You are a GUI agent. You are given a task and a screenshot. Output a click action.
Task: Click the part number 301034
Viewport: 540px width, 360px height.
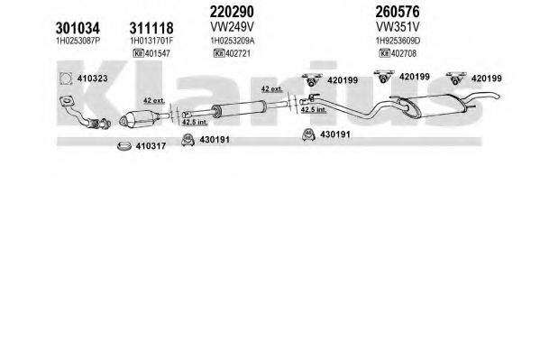pos(78,28)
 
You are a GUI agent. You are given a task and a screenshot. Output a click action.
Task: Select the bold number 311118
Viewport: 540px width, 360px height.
pos(151,28)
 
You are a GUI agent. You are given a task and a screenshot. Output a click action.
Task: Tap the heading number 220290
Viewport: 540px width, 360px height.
pos(232,12)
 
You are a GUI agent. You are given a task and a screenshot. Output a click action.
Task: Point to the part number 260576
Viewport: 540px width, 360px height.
pos(398,12)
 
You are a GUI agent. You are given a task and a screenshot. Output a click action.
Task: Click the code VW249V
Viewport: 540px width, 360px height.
pos(232,26)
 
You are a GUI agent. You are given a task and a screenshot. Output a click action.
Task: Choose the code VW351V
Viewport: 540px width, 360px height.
pos(398,26)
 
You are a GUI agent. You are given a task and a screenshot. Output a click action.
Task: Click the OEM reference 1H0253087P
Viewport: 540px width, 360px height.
pos(78,41)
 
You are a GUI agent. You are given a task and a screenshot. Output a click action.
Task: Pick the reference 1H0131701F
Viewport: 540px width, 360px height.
pos(151,41)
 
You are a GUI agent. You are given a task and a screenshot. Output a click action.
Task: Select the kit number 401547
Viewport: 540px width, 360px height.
pos(158,53)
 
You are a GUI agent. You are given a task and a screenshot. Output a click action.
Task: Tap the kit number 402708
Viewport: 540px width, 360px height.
pos(404,53)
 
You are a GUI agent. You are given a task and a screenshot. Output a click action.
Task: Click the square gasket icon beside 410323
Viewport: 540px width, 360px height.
pos(66,78)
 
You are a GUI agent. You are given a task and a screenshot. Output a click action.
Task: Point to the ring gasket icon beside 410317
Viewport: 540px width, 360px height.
pos(124,146)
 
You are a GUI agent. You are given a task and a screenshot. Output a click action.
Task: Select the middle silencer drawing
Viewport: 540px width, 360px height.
pos(238,108)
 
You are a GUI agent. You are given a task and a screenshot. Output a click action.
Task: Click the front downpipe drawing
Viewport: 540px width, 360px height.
pos(85,113)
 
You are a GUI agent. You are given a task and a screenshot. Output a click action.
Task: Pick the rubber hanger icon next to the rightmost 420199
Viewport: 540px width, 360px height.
pos(456,78)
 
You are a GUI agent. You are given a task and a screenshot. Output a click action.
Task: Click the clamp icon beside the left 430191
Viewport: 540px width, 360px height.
pos(188,140)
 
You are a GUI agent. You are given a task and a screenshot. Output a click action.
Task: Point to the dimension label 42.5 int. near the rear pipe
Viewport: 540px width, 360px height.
pos(314,110)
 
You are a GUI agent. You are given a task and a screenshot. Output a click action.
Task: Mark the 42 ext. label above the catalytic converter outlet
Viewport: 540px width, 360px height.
pos(154,101)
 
